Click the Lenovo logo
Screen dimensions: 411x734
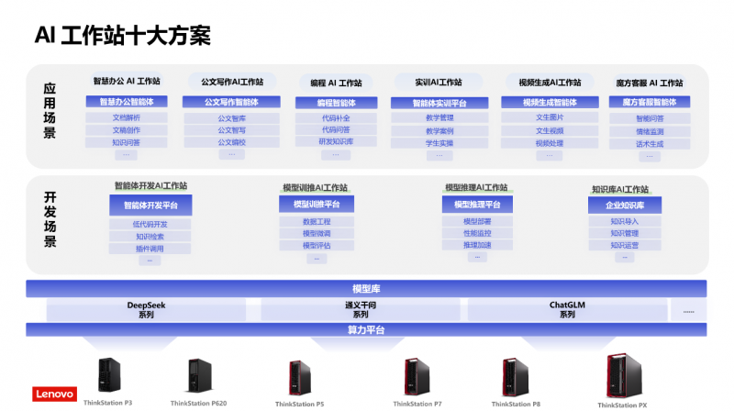(54, 394)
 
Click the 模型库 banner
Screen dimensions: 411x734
(366, 289)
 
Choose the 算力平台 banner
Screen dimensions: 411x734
(366, 329)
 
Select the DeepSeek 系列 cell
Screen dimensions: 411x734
(146, 309)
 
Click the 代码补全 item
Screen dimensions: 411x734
(336, 117)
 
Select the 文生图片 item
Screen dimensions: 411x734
(550, 117)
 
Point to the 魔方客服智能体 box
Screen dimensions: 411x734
(650, 102)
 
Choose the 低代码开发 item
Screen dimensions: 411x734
(150, 224)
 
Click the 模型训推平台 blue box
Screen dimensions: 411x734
(317, 205)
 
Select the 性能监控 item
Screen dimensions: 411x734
(477, 233)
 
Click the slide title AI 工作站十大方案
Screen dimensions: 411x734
(123, 35)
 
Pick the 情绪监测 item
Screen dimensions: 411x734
(650, 131)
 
